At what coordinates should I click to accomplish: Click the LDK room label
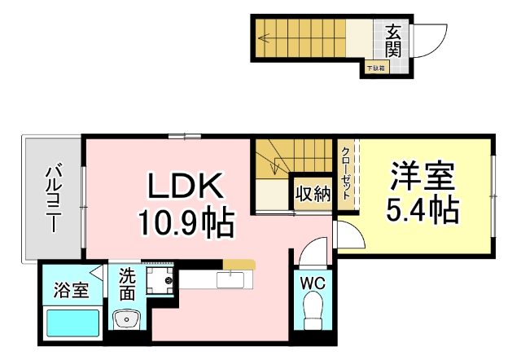click(185, 187)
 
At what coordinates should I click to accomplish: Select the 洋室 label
click(422, 177)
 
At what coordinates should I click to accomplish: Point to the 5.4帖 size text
click(422, 211)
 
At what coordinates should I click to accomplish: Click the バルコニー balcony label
click(55, 199)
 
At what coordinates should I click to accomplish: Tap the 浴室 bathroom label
click(72, 291)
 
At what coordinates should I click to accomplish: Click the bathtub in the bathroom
click(72, 323)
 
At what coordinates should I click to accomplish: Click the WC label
click(313, 283)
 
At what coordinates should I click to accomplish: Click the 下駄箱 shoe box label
click(375, 68)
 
